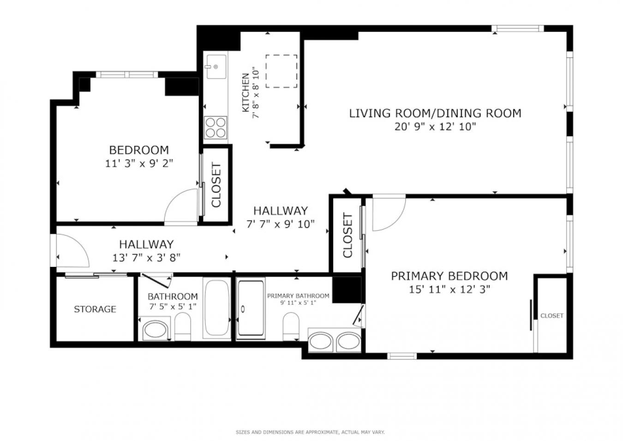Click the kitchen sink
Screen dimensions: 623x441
pyautogui.click(x=216, y=67)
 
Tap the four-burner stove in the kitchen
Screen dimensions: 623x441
pyautogui.click(x=215, y=128)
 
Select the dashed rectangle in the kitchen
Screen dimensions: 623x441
pyautogui.click(x=281, y=71)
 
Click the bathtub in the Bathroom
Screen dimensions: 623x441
pyautogui.click(x=217, y=308)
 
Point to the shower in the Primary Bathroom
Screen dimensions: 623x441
pyautogui.click(x=251, y=308)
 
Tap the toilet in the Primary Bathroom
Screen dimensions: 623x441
pyautogui.click(x=291, y=326)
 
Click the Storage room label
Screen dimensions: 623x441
pyautogui.click(x=95, y=309)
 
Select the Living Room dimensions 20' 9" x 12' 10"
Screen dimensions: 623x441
pyautogui.click(x=435, y=127)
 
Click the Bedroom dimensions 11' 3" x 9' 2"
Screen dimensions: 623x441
pyautogui.click(x=139, y=163)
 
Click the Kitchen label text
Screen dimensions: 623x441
pyautogui.click(x=246, y=93)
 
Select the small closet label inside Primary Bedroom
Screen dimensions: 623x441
pyautogui.click(x=552, y=315)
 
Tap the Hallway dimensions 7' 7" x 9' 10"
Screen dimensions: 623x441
pyautogui.click(x=281, y=224)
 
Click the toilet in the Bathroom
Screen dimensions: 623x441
pyautogui.click(x=183, y=326)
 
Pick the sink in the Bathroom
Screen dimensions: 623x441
pyautogui.click(x=155, y=329)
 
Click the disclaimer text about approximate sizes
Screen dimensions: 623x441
pyautogui.click(x=310, y=432)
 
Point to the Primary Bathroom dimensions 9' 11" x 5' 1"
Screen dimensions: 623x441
pyautogui.click(x=298, y=303)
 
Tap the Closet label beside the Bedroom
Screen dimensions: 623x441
pyautogui.click(x=216, y=185)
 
